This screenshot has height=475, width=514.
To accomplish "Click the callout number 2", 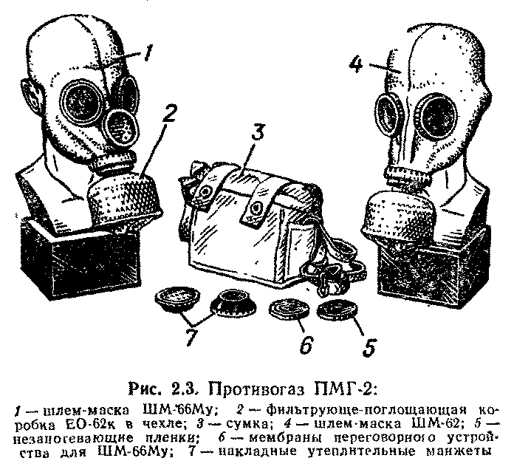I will click(x=168, y=115).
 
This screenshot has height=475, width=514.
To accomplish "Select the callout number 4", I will click(x=356, y=66).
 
